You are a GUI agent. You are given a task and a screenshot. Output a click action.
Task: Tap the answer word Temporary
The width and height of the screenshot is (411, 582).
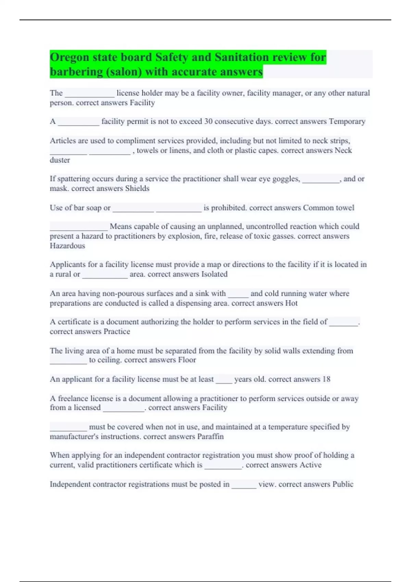[347, 122]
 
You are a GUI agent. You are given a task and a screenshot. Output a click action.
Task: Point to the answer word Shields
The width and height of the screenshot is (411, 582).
[137, 188]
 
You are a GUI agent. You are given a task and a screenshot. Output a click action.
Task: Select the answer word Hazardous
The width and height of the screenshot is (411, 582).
[67, 246]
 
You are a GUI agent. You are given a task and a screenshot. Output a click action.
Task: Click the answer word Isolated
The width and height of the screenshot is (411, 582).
[214, 274]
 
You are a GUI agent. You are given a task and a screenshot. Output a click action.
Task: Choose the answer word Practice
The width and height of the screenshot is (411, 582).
[117, 332]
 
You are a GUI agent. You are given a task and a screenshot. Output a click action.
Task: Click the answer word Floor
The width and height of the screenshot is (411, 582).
[187, 360]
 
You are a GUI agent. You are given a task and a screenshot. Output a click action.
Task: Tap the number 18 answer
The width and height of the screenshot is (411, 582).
[326, 379]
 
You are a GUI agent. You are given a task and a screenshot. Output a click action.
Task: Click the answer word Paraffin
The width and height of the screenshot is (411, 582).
[210, 437]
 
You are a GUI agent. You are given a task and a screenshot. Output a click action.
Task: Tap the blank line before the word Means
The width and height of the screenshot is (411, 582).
[79, 229]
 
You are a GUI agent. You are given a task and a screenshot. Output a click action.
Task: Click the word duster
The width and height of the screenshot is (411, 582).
[60, 160]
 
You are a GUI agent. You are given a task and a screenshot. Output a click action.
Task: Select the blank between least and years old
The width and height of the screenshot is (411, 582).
[224, 381]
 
